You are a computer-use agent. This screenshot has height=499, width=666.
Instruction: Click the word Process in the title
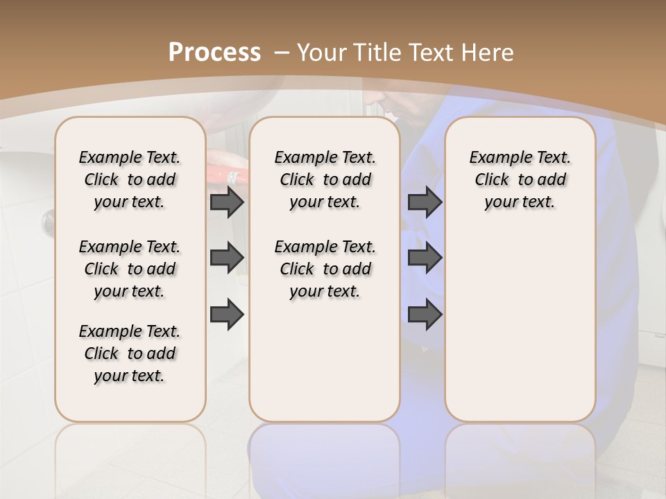click(214, 52)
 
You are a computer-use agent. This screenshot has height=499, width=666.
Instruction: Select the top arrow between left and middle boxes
click(227, 202)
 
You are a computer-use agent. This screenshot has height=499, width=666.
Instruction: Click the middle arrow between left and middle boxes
click(227, 258)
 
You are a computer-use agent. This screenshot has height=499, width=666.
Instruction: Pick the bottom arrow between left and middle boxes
click(227, 315)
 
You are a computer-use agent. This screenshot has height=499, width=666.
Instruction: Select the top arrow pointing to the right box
click(425, 202)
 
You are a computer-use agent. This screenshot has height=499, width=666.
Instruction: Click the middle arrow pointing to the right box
click(425, 258)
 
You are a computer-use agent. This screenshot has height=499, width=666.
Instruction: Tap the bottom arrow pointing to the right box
click(425, 315)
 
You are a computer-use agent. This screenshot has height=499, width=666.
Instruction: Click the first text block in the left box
click(130, 180)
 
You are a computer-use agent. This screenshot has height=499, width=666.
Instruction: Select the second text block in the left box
click(130, 269)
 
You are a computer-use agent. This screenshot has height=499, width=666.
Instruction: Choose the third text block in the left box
click(130, 353)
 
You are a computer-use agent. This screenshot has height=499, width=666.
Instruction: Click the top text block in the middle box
click(325, 180)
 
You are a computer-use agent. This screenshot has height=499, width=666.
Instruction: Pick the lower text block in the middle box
click(325, 269)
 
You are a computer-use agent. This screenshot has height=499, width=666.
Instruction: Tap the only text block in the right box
click(520, 180)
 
